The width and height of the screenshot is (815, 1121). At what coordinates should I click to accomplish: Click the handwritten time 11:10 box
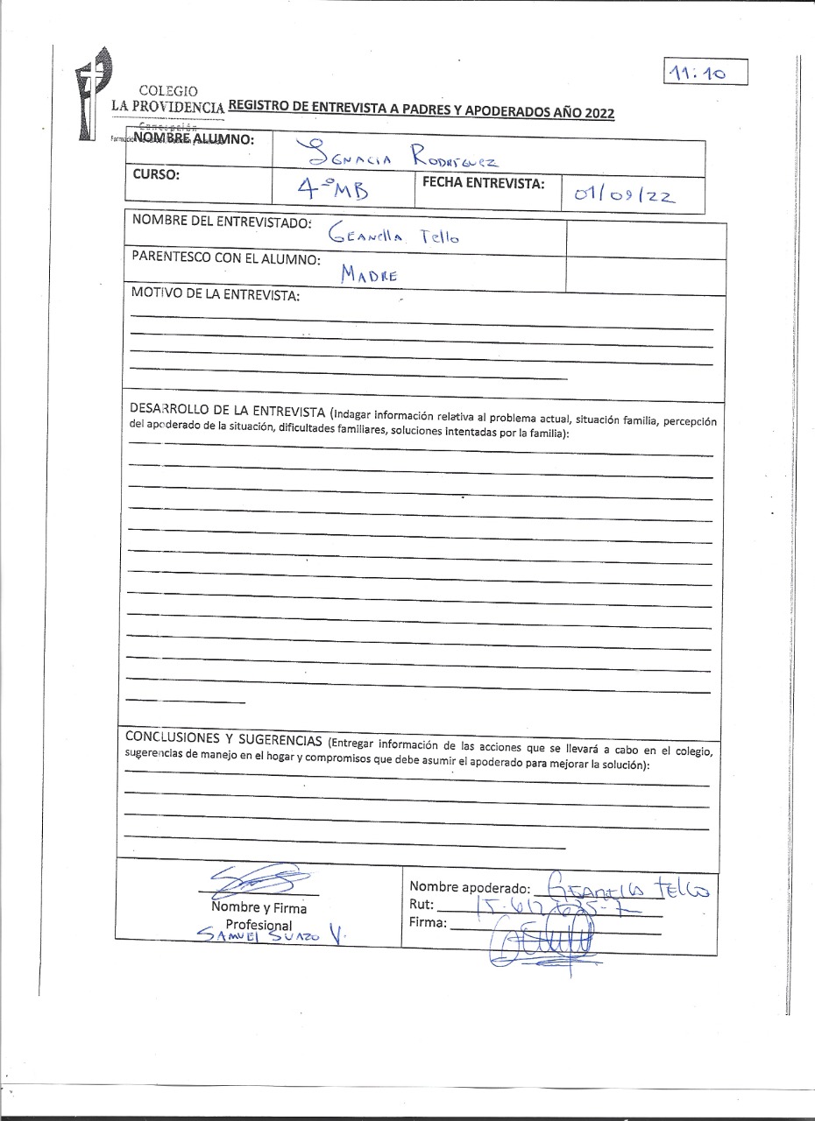[705, 73]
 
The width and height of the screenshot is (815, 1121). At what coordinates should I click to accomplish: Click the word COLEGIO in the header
[168, 91]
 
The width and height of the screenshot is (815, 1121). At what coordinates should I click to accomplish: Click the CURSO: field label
[156, 174]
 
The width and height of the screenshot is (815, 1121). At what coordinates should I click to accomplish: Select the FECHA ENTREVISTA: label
[483, 183]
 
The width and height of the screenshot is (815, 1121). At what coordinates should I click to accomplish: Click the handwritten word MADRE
[370, 274]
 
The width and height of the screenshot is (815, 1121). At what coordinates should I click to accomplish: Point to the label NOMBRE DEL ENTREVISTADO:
[222, 222]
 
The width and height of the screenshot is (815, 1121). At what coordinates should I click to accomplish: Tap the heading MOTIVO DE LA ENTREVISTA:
[215, 294]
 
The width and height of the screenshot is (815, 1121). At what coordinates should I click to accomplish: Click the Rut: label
[422, 904]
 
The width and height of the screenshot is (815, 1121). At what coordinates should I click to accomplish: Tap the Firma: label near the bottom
[428, 922]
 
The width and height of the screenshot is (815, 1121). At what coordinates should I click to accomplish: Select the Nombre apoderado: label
[470, 887]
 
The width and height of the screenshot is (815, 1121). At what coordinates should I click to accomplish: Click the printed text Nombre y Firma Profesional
[259, 916]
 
